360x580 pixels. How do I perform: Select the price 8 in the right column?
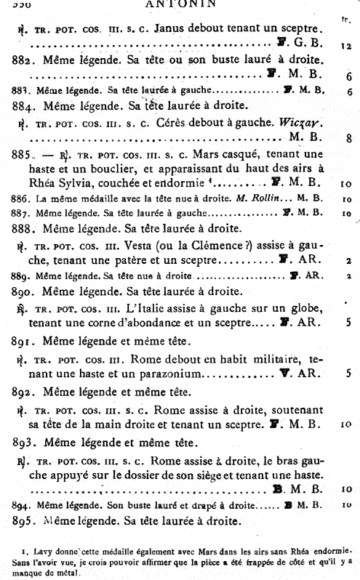(x=349, y=137)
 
